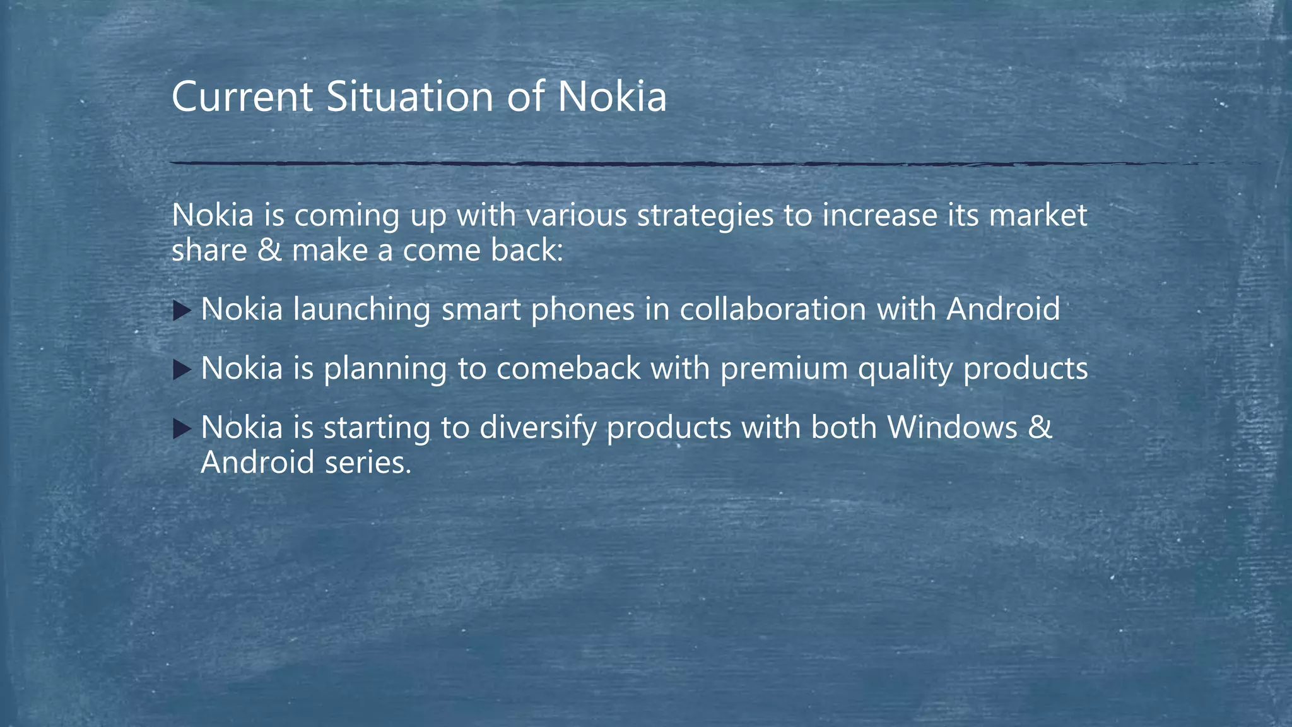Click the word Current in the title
tap(242, 97)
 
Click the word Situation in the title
tap(409, 97)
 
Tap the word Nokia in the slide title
tap(611, 97)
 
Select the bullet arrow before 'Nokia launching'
tap(181, 310)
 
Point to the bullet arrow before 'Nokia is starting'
tap(181, 429)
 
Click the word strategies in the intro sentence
tap(705, 216)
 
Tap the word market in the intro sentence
tap(1038, 216)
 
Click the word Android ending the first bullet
tap(1002, 309)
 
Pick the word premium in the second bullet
tap(784, 369)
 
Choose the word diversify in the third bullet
tap(537, 429)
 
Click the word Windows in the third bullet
tap(952, 428)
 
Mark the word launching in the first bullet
tap(361, 310)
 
